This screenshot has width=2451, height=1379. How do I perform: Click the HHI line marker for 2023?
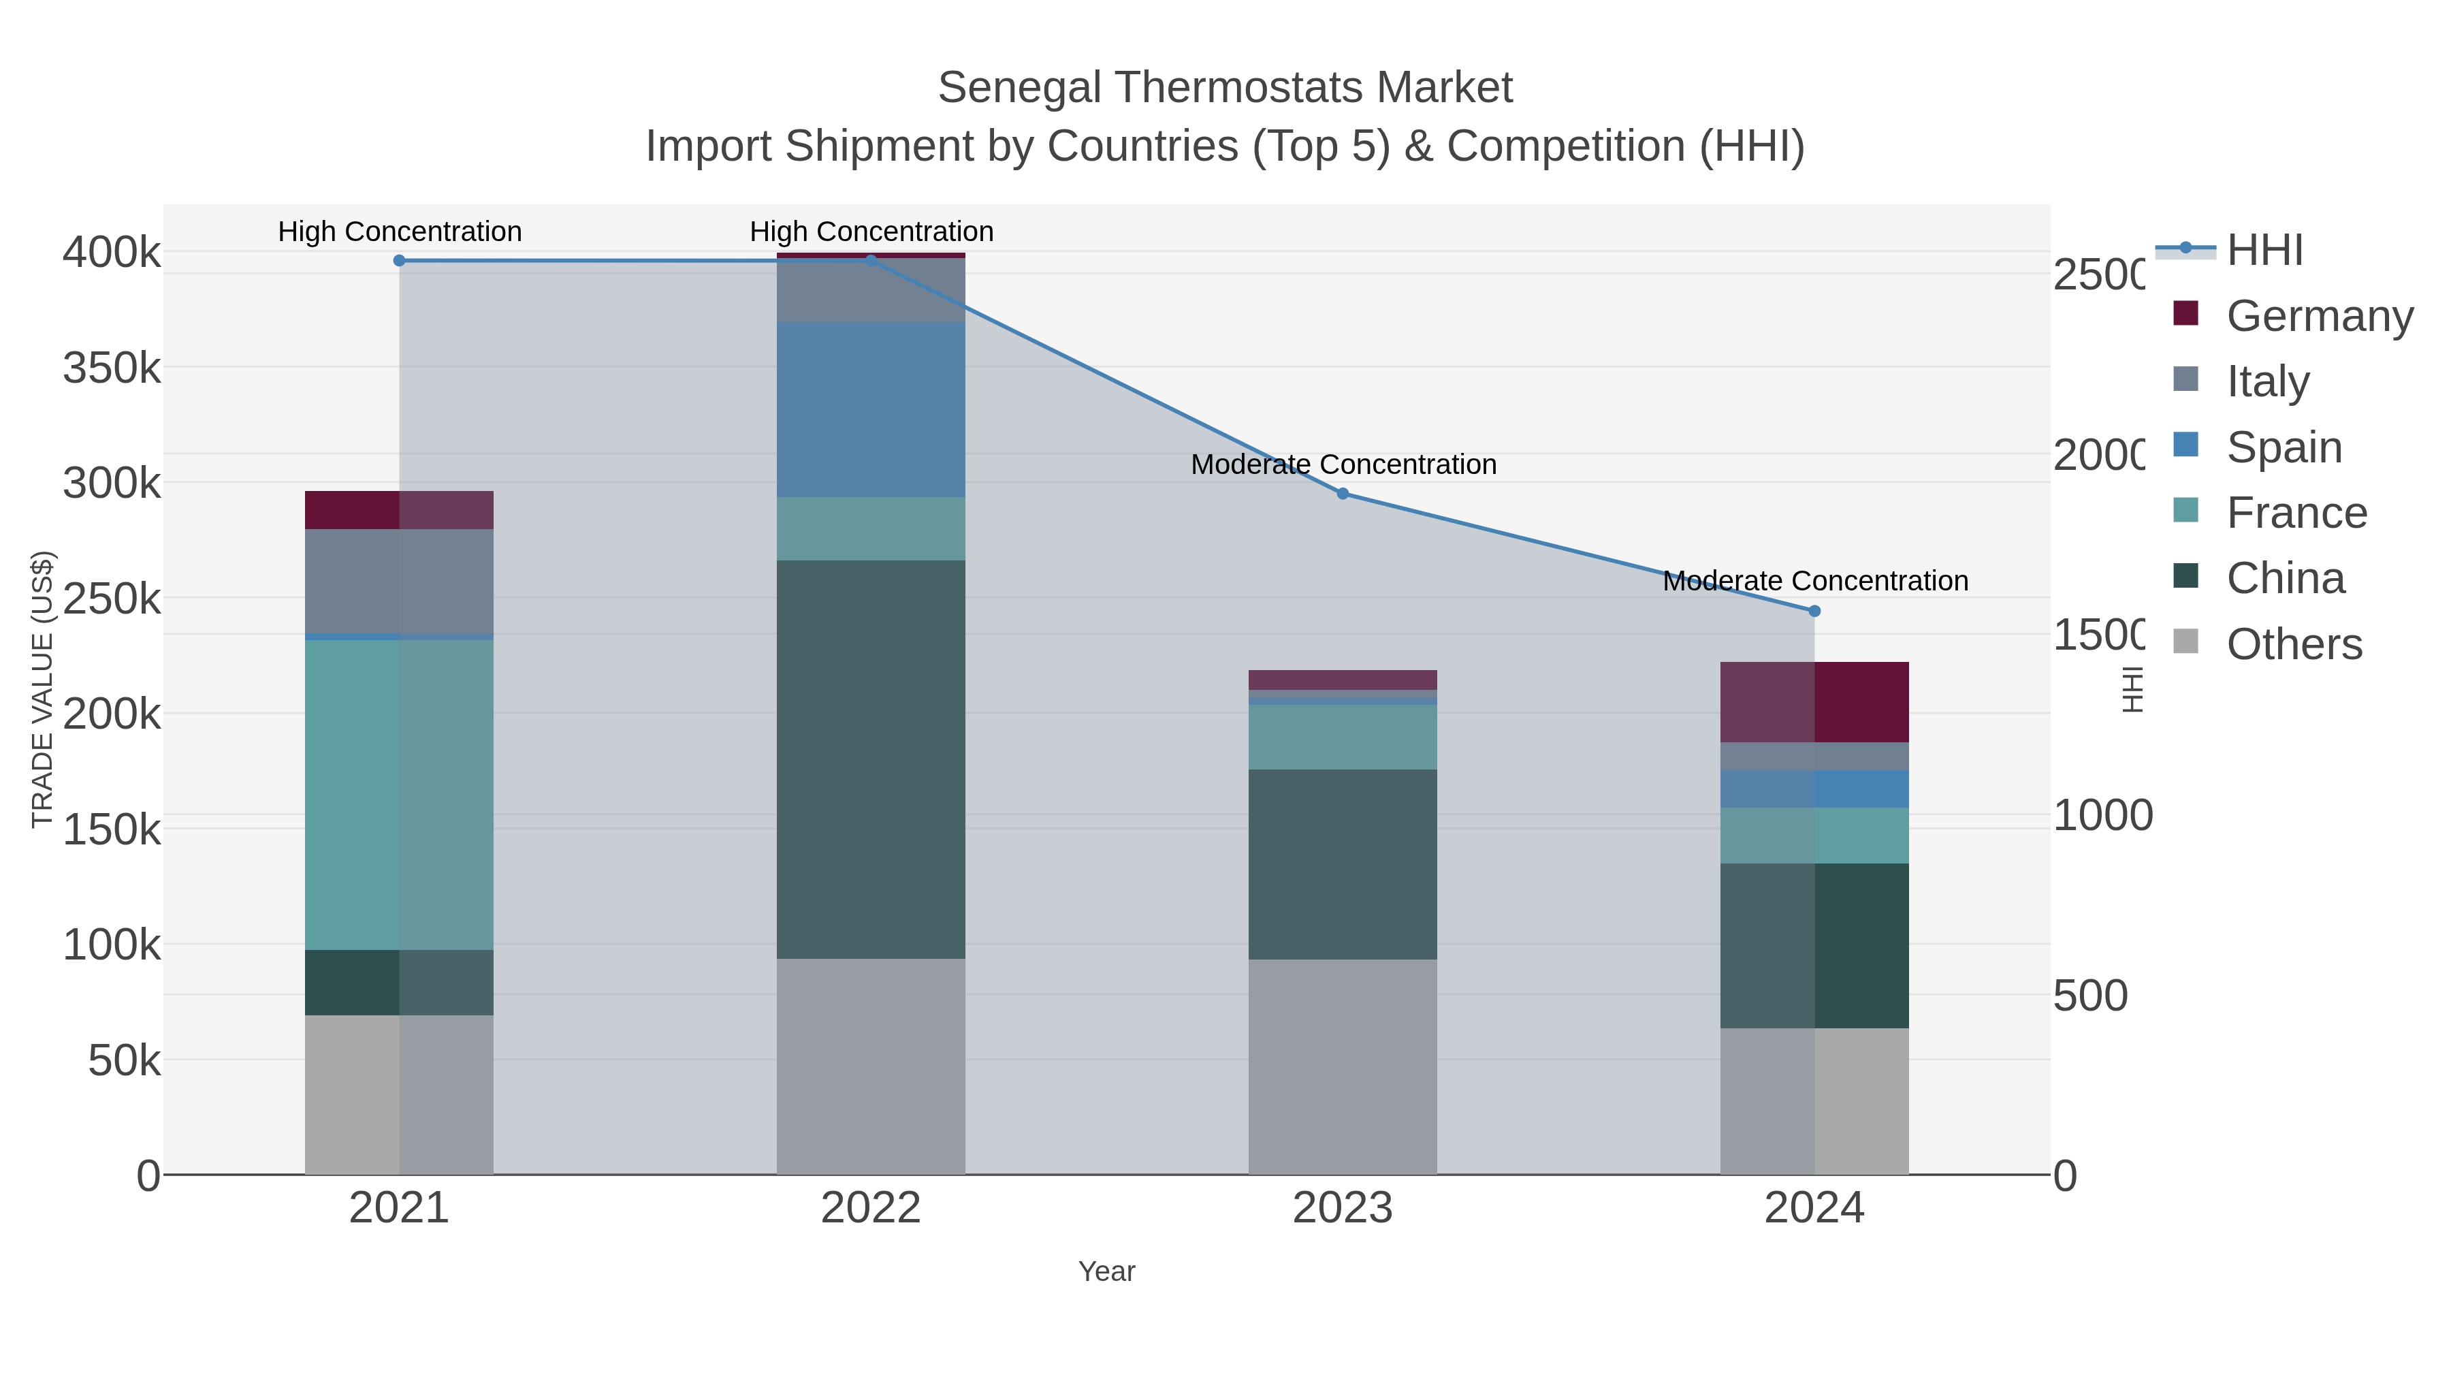pos(1343,493)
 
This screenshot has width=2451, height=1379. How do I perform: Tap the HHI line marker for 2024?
pos(1814,611)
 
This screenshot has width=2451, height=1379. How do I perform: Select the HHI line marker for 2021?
pos(400,261)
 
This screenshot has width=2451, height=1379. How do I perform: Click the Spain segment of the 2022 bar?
pos(871,409)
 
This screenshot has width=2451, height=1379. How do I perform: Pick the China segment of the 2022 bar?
pos(871,759)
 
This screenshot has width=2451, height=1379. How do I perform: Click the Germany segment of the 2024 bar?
pos(1814,701)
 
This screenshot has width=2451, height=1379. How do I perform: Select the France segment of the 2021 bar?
pos(399,795)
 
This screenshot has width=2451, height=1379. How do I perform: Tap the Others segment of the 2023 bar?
pos(1343,1066)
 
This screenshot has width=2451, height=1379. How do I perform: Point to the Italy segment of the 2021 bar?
pos(399,580)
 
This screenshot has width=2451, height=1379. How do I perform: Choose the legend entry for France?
pos(2296,513)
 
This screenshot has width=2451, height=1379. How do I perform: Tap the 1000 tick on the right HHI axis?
pos(2101,816)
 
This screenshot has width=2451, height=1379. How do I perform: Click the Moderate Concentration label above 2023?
pos(1343,464)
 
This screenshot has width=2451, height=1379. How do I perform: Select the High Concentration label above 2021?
pos(400,232)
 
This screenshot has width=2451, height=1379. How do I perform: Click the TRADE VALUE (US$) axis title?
pos(43,689)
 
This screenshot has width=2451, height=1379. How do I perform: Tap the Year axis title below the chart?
pos(1106,1271)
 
